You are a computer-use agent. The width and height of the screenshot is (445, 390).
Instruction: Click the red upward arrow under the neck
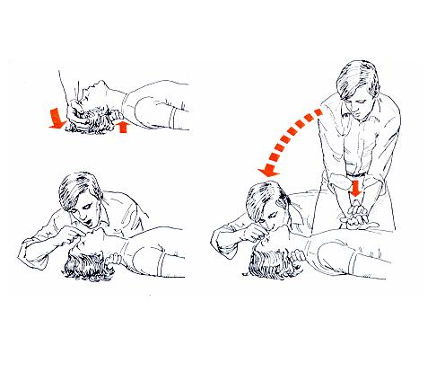click(123, 126)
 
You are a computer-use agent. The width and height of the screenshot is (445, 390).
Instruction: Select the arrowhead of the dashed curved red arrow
click(263, 173)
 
